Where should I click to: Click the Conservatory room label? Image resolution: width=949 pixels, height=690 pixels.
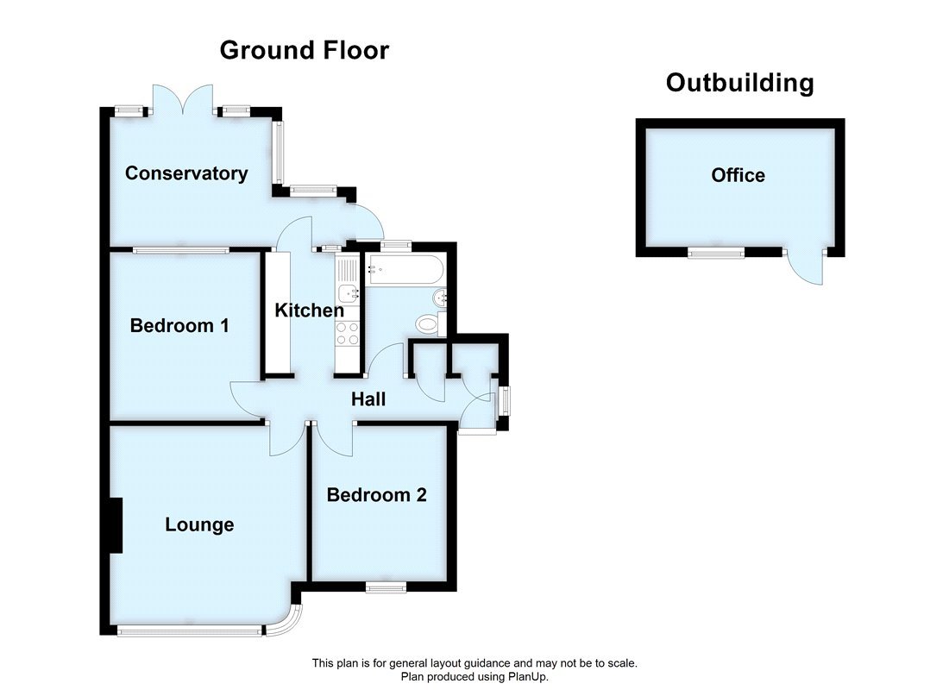pyautogui.click(x=186, y=173)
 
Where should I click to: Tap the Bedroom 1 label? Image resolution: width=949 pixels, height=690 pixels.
pyautogui.click(x=179, y=326)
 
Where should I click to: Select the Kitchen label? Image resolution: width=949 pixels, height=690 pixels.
pyautogui.click(x=309, y=310)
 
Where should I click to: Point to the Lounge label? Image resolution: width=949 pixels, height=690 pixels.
pyautogui.click(x=199, y=524)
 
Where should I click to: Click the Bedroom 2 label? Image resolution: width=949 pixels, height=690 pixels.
pyautogui.click(x=377, y=495)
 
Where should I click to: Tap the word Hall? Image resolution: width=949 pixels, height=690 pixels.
pyautogui.click(x=368, y=399)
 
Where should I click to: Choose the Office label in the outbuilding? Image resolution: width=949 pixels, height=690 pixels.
pyautogui.click(x=738, y=175)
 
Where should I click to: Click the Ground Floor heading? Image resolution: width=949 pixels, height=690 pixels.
pyautogui.click(x=304, y=50)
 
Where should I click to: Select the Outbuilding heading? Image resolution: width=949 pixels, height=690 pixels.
pyautogui.click(x=739, y=83)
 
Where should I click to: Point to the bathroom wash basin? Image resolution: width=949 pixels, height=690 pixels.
pyautogui.click(x=440, y=298)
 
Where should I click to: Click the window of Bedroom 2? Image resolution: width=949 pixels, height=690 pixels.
pyautogui.click(x=385, y=587)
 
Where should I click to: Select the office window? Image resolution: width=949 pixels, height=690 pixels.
pyautogui.click(x=716, y=253)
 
